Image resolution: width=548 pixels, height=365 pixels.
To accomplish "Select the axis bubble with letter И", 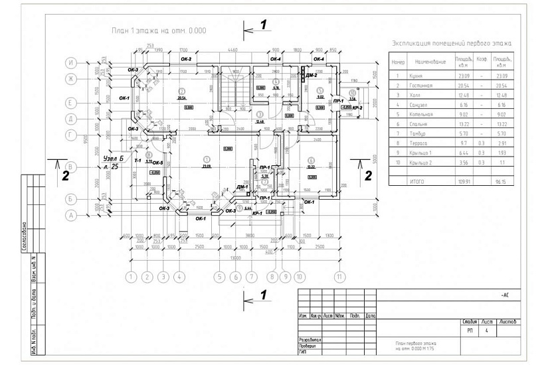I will pyautogui.click(x=70, y=63).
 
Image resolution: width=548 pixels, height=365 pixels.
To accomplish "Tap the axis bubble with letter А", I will pyautogui.click(x=70, y=215).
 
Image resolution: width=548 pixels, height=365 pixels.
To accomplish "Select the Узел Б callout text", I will pyautogui.click(x=114, y=159).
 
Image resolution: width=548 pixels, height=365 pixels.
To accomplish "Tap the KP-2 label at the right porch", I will pyautogui.click(x=356, y=108).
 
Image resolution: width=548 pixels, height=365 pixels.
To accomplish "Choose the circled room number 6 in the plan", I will pyautogui.click(x=311, y=160).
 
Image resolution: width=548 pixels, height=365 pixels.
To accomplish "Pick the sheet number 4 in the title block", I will pyautogui.click(x=487, y=330).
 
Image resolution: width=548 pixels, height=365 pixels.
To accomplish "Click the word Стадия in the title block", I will pyautogui.click(x=470, y=322).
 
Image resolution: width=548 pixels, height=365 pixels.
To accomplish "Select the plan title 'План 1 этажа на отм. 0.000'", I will pyautogui.click(x=159, y=31).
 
